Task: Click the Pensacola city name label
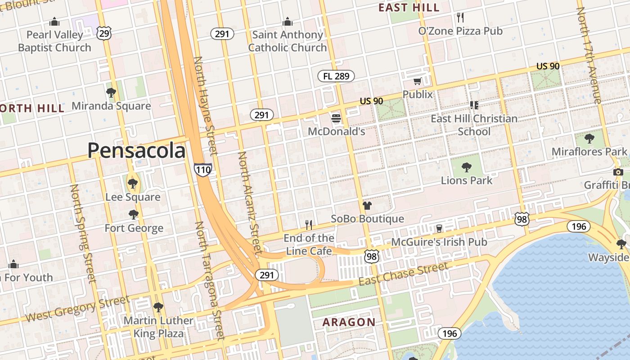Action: [x=136, y=150]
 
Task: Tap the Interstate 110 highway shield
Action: [x=202, y=170]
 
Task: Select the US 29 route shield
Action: [x=104, y=32]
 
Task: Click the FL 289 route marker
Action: [x=336, y=76]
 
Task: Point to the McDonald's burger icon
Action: [x=336, y=119]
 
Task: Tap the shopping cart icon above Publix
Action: [x=417, y=81]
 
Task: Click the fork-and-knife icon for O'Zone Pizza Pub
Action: [x=460, y=18]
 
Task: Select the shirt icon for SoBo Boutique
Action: [x=367, y=206]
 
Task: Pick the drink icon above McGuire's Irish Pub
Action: [x=439, y=229]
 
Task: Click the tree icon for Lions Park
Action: [x=467, y=167]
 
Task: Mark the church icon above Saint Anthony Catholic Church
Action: [x=287, y=22]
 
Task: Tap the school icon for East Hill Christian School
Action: [x=474, y=105]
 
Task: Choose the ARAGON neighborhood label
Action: [x=349, y=322]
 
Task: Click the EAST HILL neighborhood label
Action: [x=409, y=8]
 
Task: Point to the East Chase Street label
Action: [x=404, y=273]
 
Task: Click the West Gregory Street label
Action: [x=77, y=309]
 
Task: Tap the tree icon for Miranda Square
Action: [x=111, y=93]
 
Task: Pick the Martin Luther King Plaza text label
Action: [x=158, y=327]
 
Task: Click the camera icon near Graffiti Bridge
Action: [x=618, y=172]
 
